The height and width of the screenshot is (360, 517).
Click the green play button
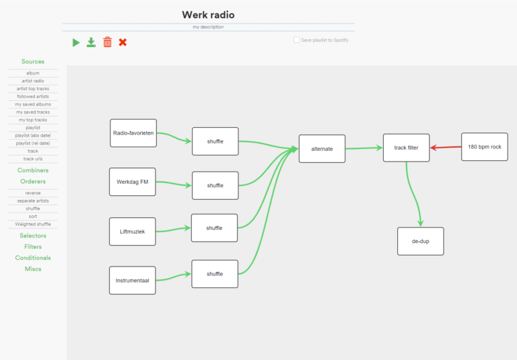point(76,42)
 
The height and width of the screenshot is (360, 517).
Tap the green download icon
point(92,42)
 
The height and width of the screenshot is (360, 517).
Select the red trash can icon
point(107,42)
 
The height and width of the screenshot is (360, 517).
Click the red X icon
point(123,42)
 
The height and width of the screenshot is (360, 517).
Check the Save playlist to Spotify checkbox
point(297,40)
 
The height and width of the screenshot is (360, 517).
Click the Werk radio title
point(208,15)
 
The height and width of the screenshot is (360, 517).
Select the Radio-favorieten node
point(133,133)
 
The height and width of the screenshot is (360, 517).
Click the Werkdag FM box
point(132,182)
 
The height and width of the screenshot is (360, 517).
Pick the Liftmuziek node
point(132,231)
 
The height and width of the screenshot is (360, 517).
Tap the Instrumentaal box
point(132,280)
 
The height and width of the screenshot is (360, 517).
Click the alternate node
point(322,149)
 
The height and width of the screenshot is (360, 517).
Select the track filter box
point(406,147)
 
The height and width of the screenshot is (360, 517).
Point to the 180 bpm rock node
point(484,147)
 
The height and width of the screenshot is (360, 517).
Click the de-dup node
point(420,241)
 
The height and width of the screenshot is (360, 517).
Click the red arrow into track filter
point(445,147)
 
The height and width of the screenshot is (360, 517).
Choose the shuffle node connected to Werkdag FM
point(215,185)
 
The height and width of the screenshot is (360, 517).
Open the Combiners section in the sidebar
point(33,170)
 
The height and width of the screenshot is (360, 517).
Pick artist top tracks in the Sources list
point(33,89)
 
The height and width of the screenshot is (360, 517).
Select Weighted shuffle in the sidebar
point(33,224)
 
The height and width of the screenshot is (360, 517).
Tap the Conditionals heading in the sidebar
point(33,258)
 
